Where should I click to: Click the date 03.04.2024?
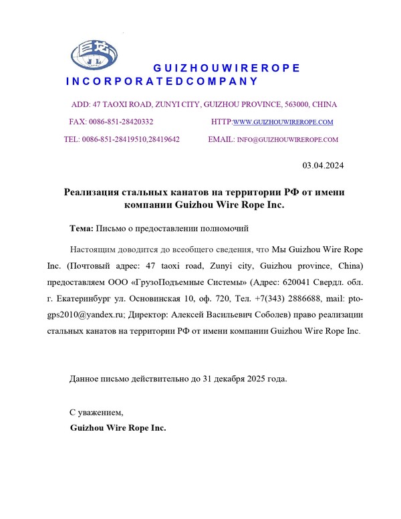(323, 165)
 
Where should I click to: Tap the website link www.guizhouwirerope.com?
(283, 122)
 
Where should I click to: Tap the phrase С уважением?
(97, 412)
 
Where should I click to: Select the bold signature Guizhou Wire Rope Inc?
(118, 427)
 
